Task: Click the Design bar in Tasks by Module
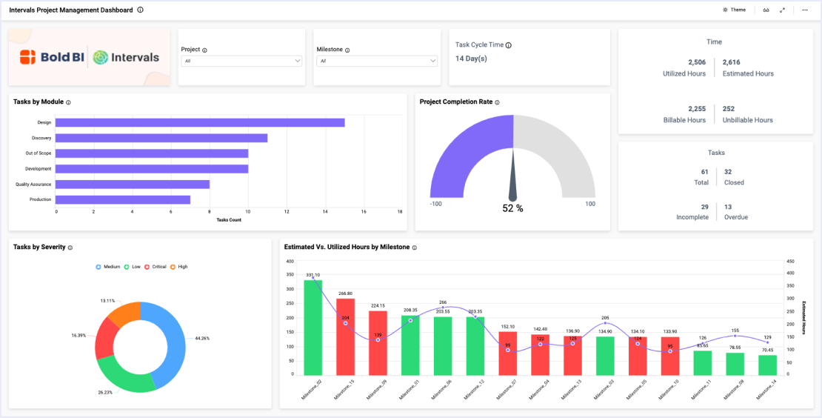(x=200, y=122)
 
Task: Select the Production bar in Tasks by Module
(x=123, y=199)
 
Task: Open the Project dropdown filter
(x=241, y=61)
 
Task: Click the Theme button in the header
(x=734, y=10)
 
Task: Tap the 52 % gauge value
(x=512, y=209)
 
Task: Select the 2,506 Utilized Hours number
(x=696, y=62)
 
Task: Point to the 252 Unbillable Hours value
(x=728, y=109)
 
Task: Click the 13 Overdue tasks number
(x=728, y=207)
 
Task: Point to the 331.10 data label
(x=313, y=275)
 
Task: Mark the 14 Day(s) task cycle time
(x=471, y=59)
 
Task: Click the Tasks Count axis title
(x=228, y=220)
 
